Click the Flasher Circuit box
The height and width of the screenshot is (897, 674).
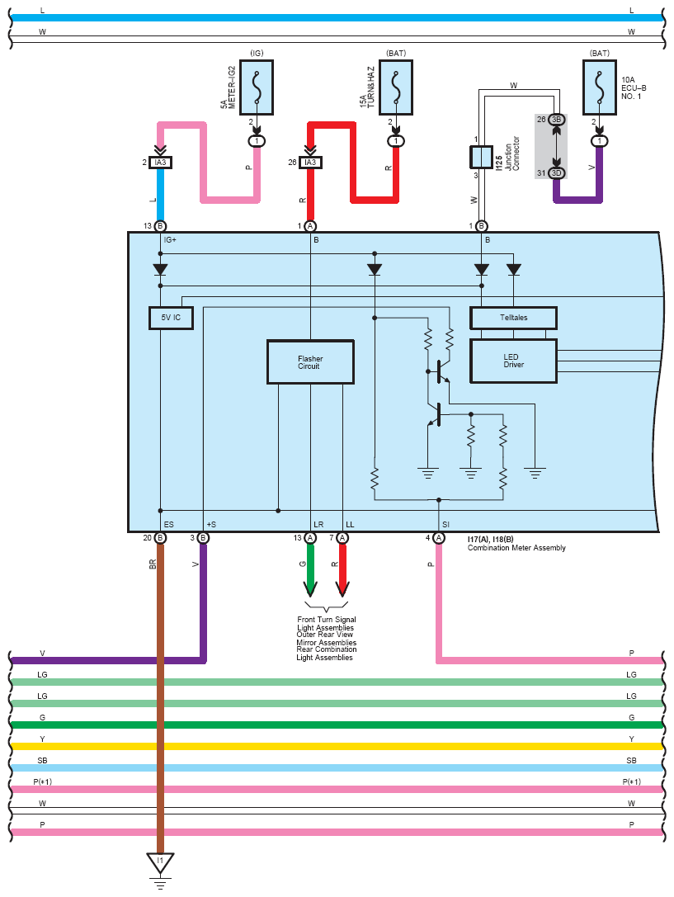(310, 362)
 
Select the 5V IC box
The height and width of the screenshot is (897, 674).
(171, 318)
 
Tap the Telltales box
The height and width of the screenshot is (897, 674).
(513, 318)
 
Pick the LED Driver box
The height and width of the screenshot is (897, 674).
(513, 361)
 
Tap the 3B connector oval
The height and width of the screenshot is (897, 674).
(557, 120)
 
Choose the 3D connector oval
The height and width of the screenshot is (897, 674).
(557, 172)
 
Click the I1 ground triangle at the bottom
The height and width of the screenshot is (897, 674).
(160, 862)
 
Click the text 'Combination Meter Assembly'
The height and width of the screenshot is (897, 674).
(516, 548)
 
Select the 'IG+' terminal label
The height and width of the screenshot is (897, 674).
(171, 240)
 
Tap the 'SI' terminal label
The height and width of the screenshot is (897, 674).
(446, 524)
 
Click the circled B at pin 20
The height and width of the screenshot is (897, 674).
(160, 538)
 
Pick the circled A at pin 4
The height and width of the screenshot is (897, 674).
(439, 538)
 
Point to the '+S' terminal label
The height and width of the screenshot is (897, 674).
(211, 524)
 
